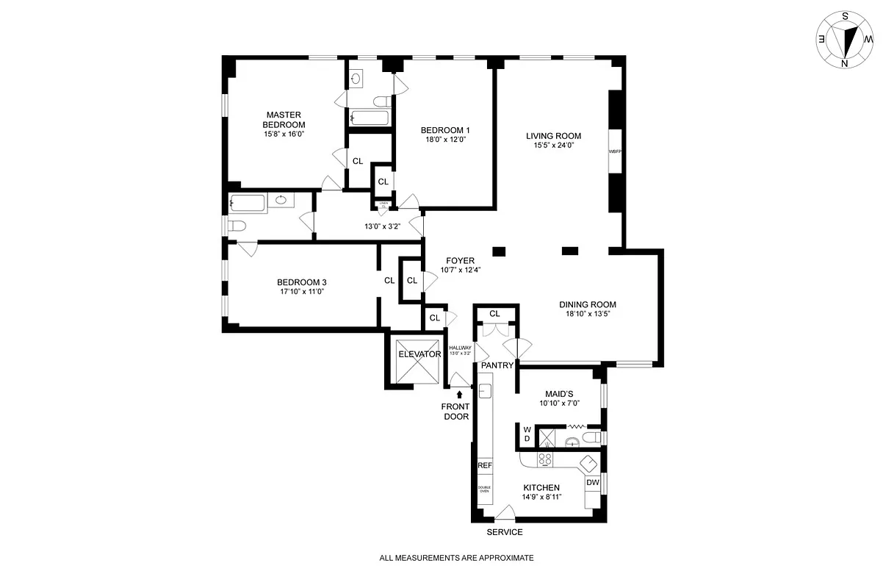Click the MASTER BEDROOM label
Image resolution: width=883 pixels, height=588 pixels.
pos(284,119)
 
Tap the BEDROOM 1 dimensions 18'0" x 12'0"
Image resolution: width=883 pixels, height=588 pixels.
pos(445,140)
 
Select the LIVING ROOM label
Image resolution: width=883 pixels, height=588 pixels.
pos(553,136)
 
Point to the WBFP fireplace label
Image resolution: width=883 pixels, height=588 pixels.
pos(615,151)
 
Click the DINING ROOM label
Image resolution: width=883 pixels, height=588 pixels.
pos(587,304)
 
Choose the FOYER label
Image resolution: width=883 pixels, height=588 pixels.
pos(460,261)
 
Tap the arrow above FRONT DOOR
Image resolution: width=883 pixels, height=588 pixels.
pos(460,395)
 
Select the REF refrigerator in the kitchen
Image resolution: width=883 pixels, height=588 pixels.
pos(484,466)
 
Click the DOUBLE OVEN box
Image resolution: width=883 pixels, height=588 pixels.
pos(484,490)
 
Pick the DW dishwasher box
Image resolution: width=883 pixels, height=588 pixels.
pos(592,483)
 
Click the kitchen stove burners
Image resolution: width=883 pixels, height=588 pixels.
pos(545,459)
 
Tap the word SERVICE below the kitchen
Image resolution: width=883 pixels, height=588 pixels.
pos(505,532)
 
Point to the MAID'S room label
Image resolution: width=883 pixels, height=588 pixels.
pos(558,394)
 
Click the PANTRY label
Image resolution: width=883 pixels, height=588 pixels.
pos(496,365)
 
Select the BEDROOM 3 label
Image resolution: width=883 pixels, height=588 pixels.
pos(301,282)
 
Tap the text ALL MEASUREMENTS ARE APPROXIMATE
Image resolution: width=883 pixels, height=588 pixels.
pos(456,558)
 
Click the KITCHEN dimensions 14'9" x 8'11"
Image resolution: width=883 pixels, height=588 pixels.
pos(541,497)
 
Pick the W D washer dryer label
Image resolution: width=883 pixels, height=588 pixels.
pos(527,434)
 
